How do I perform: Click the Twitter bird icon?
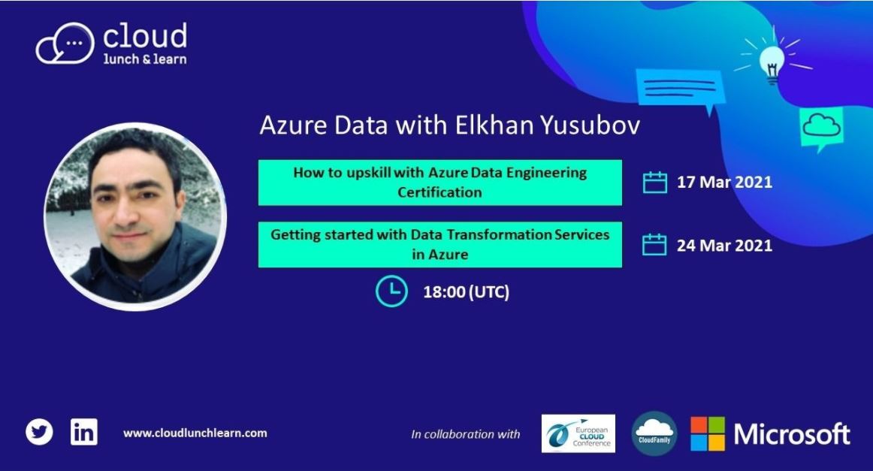click(x=39, y=432)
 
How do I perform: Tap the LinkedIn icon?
click(x=83, y=432)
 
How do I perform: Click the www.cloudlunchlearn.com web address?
click(x=195, y=433)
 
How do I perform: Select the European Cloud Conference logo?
click(x=578, y=433)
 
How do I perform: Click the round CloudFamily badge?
click(x=654, y=433)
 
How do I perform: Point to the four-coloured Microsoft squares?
click(x=708, y=433)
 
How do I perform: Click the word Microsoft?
click(x=792, y=434)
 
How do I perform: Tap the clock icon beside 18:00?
click(x=391, y=292)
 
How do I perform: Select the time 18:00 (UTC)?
click(x=466, y=292)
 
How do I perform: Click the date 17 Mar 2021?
click(x=724, y=183)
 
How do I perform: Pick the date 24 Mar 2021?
click(x=724, y=245)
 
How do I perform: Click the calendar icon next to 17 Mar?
click(x=655, y=183)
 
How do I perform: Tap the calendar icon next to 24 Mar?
click(x=655, y=245)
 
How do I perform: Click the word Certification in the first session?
click(x=440, y=192)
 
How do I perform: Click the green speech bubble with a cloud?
click(x=821, y=128)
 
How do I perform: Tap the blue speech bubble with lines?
click(x=674, y=89)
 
